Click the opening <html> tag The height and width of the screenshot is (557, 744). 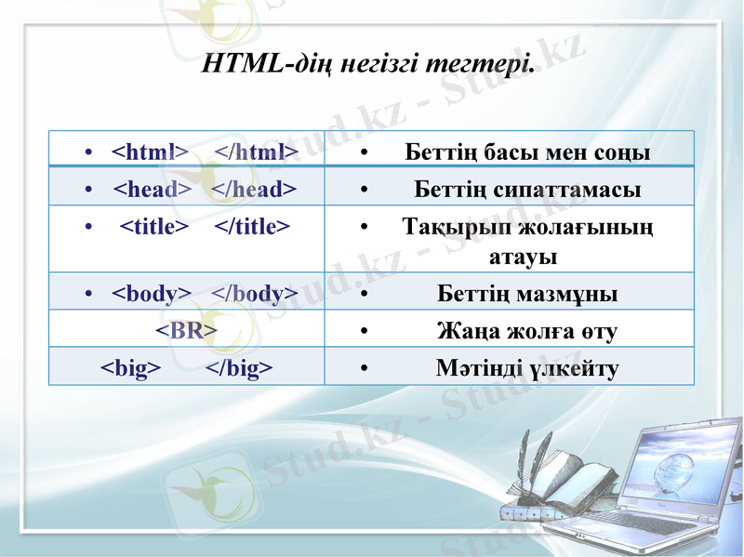[150, 152]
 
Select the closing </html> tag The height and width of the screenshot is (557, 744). [257, 152]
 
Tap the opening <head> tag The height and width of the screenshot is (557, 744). [153, 190]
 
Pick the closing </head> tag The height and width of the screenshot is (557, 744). [254, 190]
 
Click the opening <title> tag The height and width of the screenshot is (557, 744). [154, 227]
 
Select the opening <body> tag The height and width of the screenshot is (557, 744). [152, 294]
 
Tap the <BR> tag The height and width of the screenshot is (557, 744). [186, 331]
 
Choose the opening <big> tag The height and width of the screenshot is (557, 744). [131, 368]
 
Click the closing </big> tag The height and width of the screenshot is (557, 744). [240, 368]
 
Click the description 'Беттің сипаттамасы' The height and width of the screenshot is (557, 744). [527, 191]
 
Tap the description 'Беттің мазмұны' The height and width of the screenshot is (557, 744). [527, 295]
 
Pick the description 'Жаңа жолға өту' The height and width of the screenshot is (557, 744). [527, 332]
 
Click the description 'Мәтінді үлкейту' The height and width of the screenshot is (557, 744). [527, 369]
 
